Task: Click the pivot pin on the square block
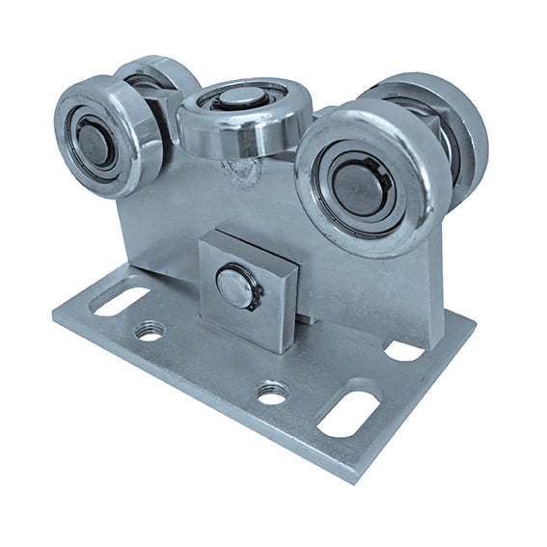[x=234, y=287]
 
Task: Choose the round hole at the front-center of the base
[x=272, y=393]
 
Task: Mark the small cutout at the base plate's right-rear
[x=404, y=350]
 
